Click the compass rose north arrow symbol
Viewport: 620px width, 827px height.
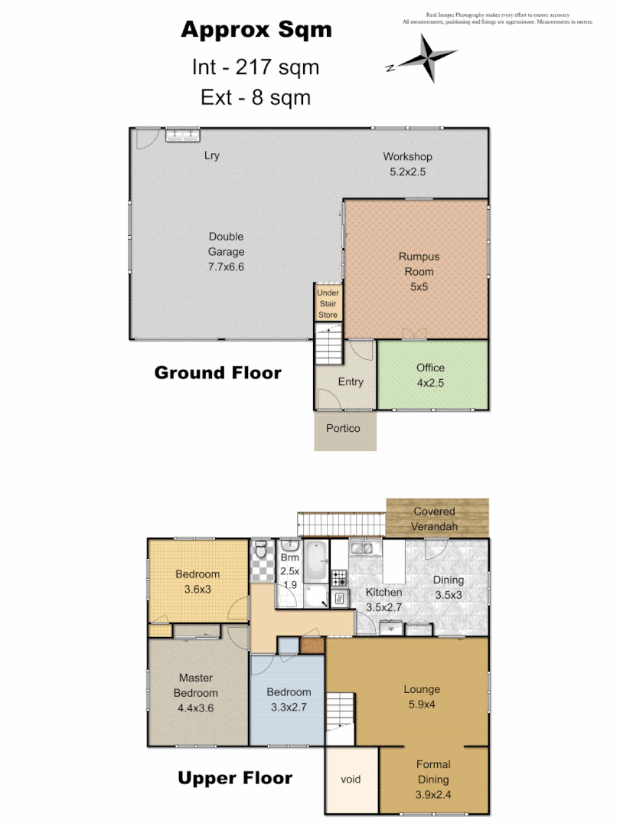click(x=426, y=58)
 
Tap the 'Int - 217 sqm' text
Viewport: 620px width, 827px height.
click(x=255, y=67)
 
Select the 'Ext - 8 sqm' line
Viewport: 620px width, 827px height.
click(x=255, y=97)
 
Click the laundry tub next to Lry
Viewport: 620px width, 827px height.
click(x=183, y=135)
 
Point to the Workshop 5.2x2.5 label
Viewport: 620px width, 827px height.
click(x=407, y=164)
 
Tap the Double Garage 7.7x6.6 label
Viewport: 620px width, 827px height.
click(x=226, y=252)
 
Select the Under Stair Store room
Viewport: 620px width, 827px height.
click(x=328, y=303)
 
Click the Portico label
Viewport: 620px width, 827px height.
click(x=344, y=428)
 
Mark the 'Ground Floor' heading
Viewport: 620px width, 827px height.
click(x=217, y=373)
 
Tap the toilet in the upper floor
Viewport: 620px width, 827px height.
click(x=261, y=549)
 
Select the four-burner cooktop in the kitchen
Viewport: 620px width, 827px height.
click(x=340, y=576)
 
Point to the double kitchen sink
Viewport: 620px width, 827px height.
click(x=361, y=548)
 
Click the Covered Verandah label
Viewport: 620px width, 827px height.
click(x=434, y=518)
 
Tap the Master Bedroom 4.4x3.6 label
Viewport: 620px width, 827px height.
click(x=196, y=692)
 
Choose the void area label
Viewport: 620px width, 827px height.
click(x=351, y=780)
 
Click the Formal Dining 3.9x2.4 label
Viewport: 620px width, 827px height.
click(x=433, y=779)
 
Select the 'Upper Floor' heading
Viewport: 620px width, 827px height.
click(x=235, y=778)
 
